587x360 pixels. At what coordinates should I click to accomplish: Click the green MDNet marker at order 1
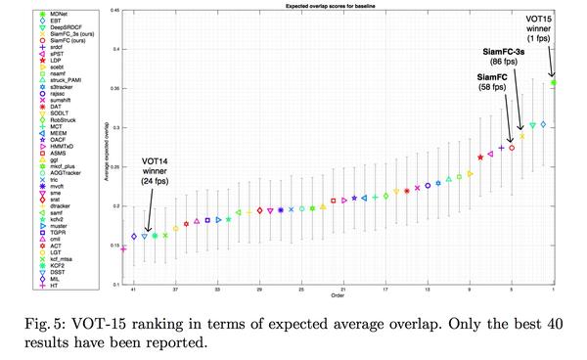554,83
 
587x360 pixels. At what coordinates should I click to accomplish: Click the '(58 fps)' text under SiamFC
492,87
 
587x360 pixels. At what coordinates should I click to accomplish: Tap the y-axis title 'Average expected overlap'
106,147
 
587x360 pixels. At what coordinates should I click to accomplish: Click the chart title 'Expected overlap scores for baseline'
339,6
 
